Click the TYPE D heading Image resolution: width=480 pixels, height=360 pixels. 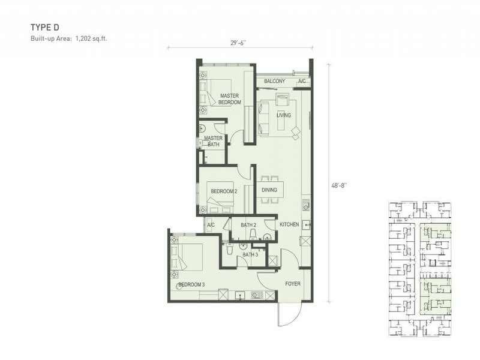coord(44,28)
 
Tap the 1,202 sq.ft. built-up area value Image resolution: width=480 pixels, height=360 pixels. coord(91,39)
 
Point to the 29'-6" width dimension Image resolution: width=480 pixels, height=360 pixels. coord(238,43)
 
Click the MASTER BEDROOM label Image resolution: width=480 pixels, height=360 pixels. coord(230,99)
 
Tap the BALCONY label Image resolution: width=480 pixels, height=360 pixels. coord(275,81)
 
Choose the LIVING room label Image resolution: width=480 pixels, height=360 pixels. coord(284,115)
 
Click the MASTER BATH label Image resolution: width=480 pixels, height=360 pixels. coord(214,141)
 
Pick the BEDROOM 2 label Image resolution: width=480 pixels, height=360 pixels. coord(224,191)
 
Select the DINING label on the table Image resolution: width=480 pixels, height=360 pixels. coord(269,190)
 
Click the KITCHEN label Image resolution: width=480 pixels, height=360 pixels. coord(289,224)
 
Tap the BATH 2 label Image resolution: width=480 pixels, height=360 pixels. coord(248,226)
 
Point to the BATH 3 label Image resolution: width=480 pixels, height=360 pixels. coord(250,254)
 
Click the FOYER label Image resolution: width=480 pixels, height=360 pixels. coord(293,284)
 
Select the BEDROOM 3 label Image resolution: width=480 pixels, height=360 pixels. coord(191,284)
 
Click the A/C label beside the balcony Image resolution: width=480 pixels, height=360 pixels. coord(302,81)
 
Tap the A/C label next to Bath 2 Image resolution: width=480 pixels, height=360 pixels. coord(211,225)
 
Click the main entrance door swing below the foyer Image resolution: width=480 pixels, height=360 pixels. coord(289,316)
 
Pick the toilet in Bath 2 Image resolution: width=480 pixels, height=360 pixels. coord(253,234)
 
